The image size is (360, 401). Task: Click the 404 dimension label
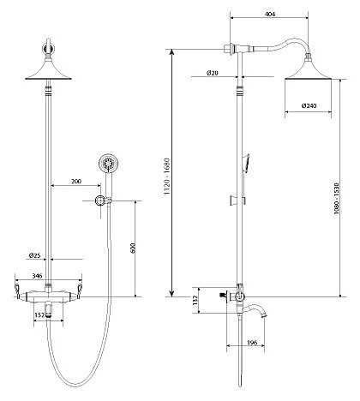click(x=270, y=14)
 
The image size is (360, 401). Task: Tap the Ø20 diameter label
click(x=213, y=73)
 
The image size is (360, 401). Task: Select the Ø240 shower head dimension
click(x=309, y=105)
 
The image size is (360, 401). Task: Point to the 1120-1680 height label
click(x=166, y=177)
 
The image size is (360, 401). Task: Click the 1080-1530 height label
click(x=336, y=199)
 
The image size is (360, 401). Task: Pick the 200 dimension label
click(x=76, y=181)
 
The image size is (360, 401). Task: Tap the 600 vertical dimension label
click(x=133, y=248)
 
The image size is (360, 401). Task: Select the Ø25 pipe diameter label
click(x=34, y=255)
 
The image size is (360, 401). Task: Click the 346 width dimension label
click(x=37, y=276)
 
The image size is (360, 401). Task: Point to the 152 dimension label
click(x=39, y=314)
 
